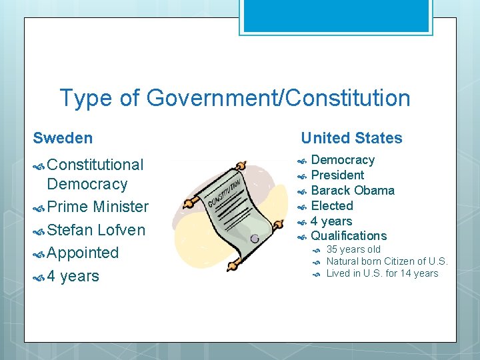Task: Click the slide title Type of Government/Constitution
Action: (235, 99)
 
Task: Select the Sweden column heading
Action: (63, 138)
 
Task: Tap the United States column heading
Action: (351, 138)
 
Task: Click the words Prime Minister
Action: (97, 207)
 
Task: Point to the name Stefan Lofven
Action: (96, 230)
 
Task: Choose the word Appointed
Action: (83, 253)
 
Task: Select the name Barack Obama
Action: (353, 191)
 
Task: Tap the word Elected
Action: (332, 206)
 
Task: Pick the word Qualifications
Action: (349, 235)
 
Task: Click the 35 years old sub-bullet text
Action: (353, 249)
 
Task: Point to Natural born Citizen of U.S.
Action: (387, 261)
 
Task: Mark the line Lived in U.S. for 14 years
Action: (382, 273)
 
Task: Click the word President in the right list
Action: (337, 175)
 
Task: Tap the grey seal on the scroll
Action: (255, 238)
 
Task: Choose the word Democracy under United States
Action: (343, 160)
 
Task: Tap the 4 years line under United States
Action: (331, 221)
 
